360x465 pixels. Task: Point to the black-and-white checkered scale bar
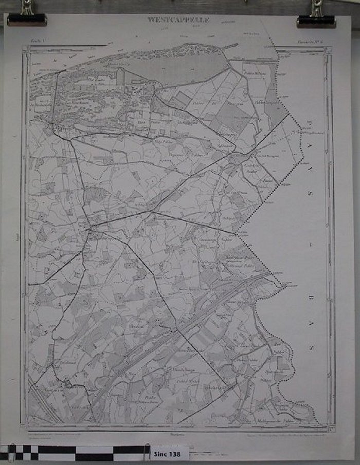(x=72, y=453)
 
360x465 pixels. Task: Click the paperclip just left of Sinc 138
(x=147, y=452)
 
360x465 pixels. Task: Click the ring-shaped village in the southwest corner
(x=68, y=383)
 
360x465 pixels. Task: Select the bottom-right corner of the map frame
(x=330, y=426)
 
